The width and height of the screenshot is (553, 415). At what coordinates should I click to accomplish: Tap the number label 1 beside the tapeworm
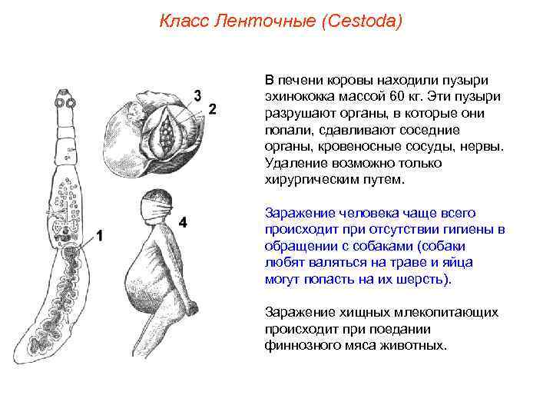coord(100,235)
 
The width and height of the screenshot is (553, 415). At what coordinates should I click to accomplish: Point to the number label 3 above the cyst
coord(197,95)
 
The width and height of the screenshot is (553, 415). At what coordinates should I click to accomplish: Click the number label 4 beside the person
coord(183,222)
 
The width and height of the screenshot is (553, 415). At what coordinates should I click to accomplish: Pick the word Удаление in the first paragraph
coord(290,163)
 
